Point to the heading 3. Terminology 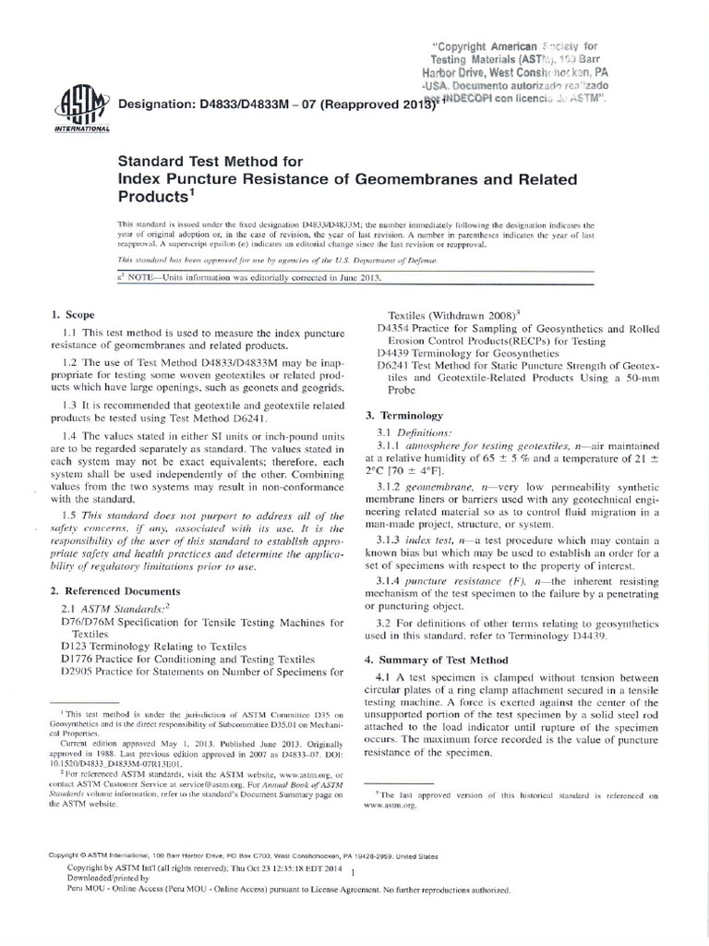405,416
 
